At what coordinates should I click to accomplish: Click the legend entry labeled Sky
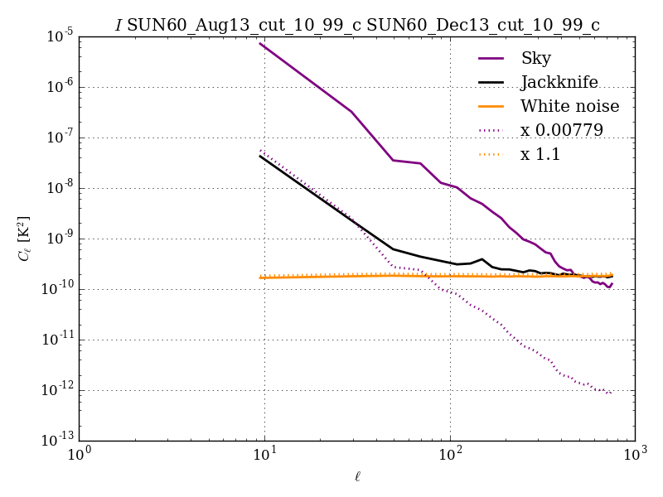click(x=535, y=58)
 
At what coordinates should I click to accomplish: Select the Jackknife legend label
click(x=559, y=82)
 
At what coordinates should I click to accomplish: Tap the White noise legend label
click(x=569, y=106)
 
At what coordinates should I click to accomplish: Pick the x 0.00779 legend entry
click(x=561, y=130)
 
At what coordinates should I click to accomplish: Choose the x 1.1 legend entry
click(x=540, y=154)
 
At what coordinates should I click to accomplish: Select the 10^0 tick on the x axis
click(x=80, y=455)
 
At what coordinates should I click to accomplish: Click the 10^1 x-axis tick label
click(x=264, y=455)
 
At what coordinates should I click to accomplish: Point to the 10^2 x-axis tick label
click(x=450, y=455)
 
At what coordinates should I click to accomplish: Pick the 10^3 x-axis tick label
click(x=636, y=455)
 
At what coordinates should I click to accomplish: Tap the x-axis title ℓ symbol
click(x=357, y=476)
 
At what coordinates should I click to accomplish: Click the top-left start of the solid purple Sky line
click(x=260, y=44)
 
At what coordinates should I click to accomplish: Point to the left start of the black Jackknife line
click(x=260, y=156)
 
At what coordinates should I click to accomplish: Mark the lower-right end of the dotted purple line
click(x=612, y=393)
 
